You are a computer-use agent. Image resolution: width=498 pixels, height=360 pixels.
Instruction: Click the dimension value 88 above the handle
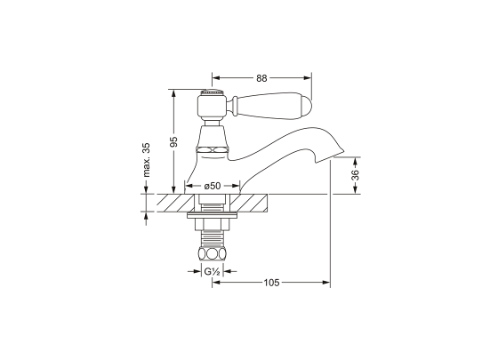click(261, 78)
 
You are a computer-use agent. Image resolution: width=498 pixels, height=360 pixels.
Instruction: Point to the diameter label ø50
click(212, 185)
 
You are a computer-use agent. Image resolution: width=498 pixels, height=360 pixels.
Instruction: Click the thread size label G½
click(211, 271)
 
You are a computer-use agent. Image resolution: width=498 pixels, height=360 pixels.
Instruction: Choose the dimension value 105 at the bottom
click(271, 283)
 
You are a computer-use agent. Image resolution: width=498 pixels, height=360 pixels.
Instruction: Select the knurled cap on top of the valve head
click(210, 92)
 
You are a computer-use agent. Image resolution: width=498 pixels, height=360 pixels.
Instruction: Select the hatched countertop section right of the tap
click(253, 203)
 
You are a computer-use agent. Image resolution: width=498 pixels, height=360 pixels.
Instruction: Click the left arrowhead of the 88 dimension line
click(214, 77)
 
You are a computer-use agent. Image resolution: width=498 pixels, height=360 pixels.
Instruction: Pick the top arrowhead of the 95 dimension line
click(174, 91)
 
